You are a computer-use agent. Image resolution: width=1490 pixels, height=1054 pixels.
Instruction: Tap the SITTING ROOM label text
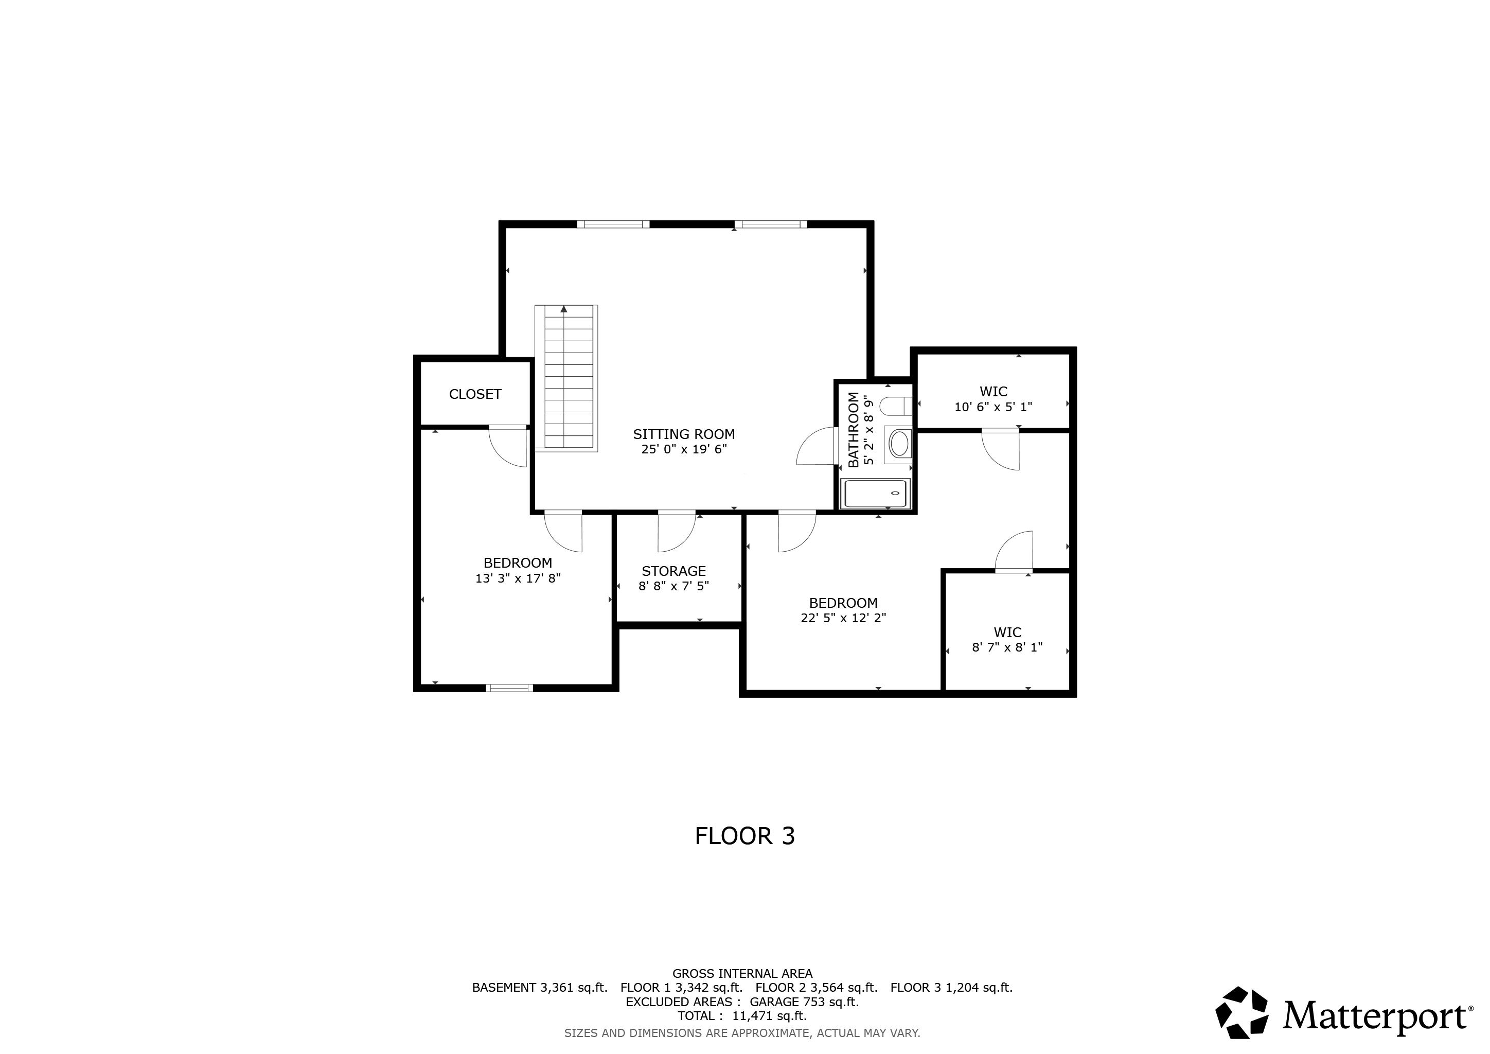684,434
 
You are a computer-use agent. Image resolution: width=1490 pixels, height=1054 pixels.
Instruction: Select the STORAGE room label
673,571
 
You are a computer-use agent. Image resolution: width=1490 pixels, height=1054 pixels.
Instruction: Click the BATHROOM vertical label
854,429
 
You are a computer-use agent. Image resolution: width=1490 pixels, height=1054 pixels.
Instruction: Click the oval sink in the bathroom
899,445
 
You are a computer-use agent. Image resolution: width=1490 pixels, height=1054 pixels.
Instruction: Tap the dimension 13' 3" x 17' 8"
518,578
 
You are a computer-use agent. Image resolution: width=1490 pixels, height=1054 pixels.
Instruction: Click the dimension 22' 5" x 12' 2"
843,618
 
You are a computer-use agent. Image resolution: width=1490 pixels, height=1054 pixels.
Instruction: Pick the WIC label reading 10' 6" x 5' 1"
993,407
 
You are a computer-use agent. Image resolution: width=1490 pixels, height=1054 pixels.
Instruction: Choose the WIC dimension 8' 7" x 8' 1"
1007,647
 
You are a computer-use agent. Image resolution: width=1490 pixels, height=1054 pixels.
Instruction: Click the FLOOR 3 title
744,836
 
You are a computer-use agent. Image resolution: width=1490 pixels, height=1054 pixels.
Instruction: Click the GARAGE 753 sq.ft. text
804,1002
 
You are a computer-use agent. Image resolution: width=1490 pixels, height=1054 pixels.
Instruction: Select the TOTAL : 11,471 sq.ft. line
742,1016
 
